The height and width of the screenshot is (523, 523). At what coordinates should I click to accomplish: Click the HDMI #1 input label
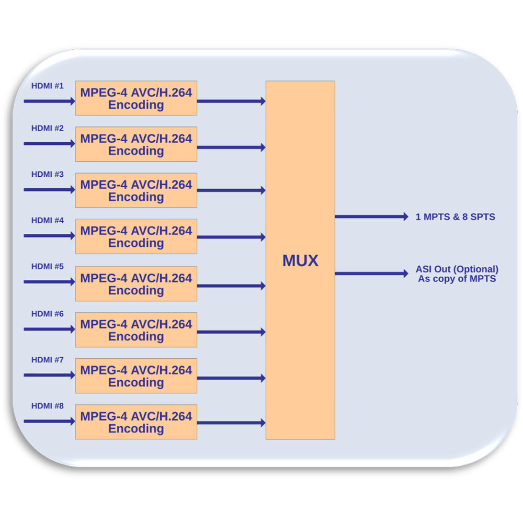(48, 85)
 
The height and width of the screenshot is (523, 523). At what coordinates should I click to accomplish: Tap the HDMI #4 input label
(48, 220)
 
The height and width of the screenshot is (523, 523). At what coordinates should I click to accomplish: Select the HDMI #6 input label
(48, 314)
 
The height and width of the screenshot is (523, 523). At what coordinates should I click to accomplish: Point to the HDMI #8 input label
(48, 406)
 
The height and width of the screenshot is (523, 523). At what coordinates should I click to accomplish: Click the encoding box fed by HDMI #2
(136, 144)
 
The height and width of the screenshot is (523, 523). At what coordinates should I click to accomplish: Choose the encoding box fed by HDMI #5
(136, 284)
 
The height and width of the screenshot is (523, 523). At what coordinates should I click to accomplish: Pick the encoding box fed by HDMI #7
(136, 376)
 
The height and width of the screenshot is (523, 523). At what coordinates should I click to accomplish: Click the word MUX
(300, 261)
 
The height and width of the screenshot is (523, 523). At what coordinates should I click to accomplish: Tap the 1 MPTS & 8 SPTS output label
(455, 217)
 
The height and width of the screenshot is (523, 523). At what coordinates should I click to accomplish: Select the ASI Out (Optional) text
(457, 269)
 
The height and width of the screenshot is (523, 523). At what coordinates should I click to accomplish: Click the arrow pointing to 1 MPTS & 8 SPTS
(371, 217)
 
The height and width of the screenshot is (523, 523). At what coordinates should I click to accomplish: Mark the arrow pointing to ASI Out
(371, 273)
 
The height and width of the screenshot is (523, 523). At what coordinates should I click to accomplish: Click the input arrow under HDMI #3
(49, 190)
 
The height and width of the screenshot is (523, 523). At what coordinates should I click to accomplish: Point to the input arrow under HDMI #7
(49, 375)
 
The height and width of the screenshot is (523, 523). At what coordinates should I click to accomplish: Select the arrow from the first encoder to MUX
(231, 101)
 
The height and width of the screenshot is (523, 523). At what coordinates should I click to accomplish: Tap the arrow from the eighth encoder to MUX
(231, 423)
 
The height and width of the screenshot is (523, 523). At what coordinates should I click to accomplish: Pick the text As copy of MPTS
(457, 279)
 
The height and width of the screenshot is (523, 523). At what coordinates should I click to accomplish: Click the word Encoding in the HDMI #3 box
(136, 197)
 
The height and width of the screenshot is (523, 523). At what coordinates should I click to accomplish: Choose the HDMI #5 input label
(48, 266)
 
